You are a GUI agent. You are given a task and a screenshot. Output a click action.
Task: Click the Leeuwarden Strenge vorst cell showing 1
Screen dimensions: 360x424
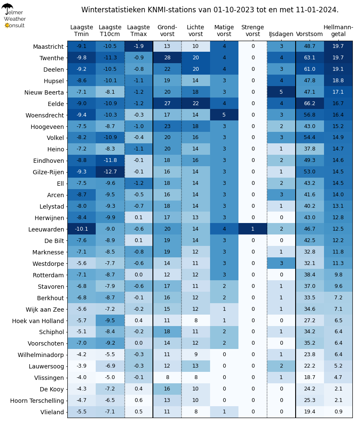pos(253,229)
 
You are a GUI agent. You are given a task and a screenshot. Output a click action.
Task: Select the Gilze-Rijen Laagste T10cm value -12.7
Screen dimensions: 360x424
pos(110,172)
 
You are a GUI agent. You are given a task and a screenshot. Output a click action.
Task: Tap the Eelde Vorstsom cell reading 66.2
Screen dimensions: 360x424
pos(310,103)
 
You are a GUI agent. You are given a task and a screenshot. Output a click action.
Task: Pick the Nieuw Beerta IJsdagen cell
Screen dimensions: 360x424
pos(281,92)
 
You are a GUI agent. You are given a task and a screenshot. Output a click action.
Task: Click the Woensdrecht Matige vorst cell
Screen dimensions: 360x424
pos(224,114)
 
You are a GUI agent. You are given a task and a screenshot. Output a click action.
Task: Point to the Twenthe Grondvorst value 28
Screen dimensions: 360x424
pos(167,58)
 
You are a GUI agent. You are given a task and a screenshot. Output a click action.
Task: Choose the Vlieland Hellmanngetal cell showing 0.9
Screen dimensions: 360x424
pos(338,412)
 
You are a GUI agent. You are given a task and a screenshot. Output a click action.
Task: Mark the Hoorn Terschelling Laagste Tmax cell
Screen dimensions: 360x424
pos(138,400)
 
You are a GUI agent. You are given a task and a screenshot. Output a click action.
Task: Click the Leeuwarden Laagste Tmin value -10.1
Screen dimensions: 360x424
pos(82,229)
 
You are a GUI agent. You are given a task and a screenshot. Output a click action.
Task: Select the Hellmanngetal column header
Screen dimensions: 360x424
pos(338,31)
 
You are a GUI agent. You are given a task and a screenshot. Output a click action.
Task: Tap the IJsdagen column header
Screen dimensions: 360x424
pos(281,34)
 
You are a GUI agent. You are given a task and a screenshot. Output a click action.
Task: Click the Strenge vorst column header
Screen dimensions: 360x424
pos(252,31)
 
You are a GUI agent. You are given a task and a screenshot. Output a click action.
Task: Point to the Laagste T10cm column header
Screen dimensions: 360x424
pos(110,31)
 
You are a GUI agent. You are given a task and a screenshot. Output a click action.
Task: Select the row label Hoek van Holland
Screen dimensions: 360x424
pos(38,321)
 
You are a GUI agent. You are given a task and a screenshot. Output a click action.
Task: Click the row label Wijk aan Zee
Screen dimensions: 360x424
pos(45,310)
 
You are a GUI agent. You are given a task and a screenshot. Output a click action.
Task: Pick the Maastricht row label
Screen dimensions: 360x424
pos(48,47)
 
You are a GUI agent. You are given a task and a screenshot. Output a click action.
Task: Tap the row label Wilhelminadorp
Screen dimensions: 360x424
pos(41,355)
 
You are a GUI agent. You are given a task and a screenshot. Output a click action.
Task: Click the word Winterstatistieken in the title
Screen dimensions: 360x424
pos(114,10)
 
